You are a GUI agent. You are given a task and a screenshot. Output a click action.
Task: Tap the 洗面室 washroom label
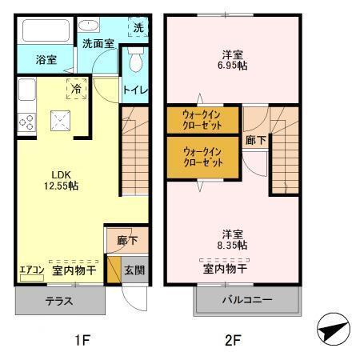(98, 44)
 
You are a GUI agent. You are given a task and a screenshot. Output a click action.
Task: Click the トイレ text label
(134, 90)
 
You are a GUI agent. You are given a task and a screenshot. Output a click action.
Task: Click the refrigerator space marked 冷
(77, 88)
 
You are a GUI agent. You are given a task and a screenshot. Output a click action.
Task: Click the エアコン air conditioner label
(32, 270)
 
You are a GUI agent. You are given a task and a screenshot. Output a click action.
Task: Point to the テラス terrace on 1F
(60, 302)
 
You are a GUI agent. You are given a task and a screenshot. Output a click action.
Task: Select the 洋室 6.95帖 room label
(234, 60)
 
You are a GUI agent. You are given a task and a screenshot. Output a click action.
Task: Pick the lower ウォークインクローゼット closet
(203, 156)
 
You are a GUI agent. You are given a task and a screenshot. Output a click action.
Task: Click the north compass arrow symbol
(332, 329)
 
